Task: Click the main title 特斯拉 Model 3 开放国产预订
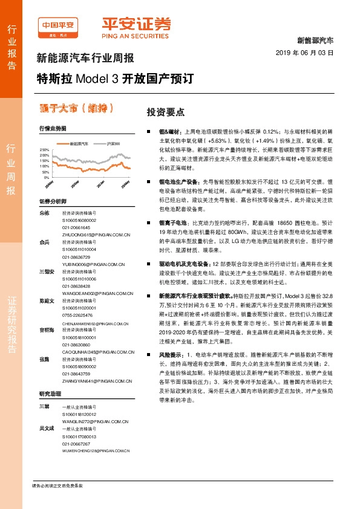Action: tap(116, 79)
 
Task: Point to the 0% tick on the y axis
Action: tap(46, 178)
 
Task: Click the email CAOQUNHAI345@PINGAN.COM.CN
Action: tap(97, 351)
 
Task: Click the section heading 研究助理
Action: tap(50, 410)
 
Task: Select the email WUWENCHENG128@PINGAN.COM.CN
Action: tap(97, 451)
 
